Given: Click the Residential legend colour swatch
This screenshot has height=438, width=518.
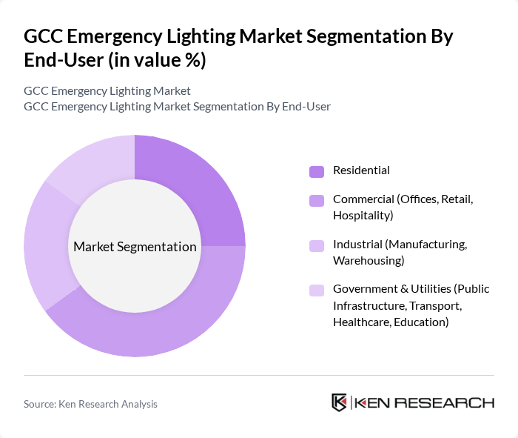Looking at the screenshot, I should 317,171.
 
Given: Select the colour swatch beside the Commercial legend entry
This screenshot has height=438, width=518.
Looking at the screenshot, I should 317,200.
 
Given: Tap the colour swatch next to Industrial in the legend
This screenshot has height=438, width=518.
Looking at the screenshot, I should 317,245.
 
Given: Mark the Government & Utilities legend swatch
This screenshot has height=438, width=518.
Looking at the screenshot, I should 317,290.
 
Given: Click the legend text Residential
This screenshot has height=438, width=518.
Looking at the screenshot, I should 361,170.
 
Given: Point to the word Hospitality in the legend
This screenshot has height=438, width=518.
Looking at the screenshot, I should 363,216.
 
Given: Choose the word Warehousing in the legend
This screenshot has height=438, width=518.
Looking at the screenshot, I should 368,261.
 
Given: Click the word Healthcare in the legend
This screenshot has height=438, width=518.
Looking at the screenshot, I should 362,322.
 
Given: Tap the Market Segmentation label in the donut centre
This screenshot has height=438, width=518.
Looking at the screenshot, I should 135,247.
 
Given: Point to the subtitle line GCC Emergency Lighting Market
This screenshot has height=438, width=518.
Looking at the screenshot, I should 107,90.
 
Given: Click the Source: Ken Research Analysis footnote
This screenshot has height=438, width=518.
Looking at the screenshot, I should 90,404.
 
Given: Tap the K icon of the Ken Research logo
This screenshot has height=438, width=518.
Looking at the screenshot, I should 339,402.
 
